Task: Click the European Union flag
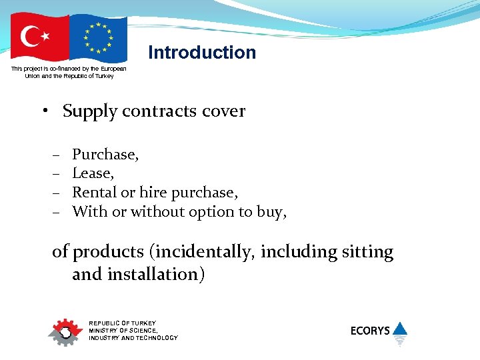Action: (x=98, y=37)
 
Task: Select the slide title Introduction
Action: (x=202, y=53)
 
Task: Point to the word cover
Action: (x=225, y=111)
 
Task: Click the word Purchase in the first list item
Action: (x=104, y=155)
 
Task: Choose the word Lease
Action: (x=92, y=173)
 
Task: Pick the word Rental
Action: (x=94, y=193)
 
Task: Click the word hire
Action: (x=153, y=193)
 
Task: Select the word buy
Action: (x=273, y=213)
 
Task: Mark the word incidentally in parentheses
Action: (x=203, y=252)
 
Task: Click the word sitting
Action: (x=367, y=252)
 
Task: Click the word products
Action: (x=108, y=253)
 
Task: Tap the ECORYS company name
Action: (x=370, y=331)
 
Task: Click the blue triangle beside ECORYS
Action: (x=399, y=328)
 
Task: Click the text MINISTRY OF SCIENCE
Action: (x=123, y=331)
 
